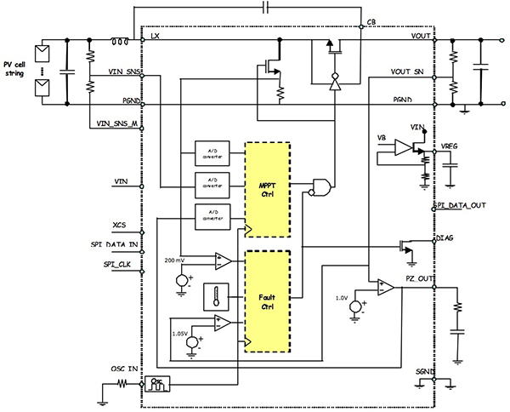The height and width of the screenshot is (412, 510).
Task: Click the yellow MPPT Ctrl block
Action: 268,188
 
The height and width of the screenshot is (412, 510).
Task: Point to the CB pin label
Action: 371,21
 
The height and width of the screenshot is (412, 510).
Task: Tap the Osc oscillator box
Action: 158,385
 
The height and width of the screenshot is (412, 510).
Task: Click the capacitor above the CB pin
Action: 265,7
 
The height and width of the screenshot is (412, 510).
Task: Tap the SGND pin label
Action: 425,372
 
